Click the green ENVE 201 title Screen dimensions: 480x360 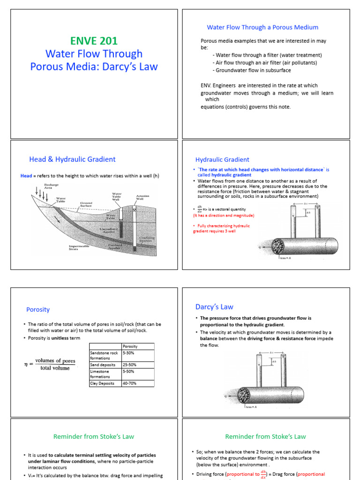(94, 41)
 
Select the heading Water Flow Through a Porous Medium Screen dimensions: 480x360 (262, 27)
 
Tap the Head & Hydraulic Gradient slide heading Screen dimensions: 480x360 (72, 159)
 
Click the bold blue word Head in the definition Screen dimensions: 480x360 (26, 176)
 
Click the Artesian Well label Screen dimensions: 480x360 (142, 197)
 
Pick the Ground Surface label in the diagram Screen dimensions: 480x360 (86, 204)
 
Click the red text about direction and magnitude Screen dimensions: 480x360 (224, 215)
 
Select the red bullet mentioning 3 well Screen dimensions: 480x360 (222, 228)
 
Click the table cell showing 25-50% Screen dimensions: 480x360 (129, 363)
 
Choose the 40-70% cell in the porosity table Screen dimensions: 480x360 (129, 383)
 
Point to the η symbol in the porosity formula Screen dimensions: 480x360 (27, 364)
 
